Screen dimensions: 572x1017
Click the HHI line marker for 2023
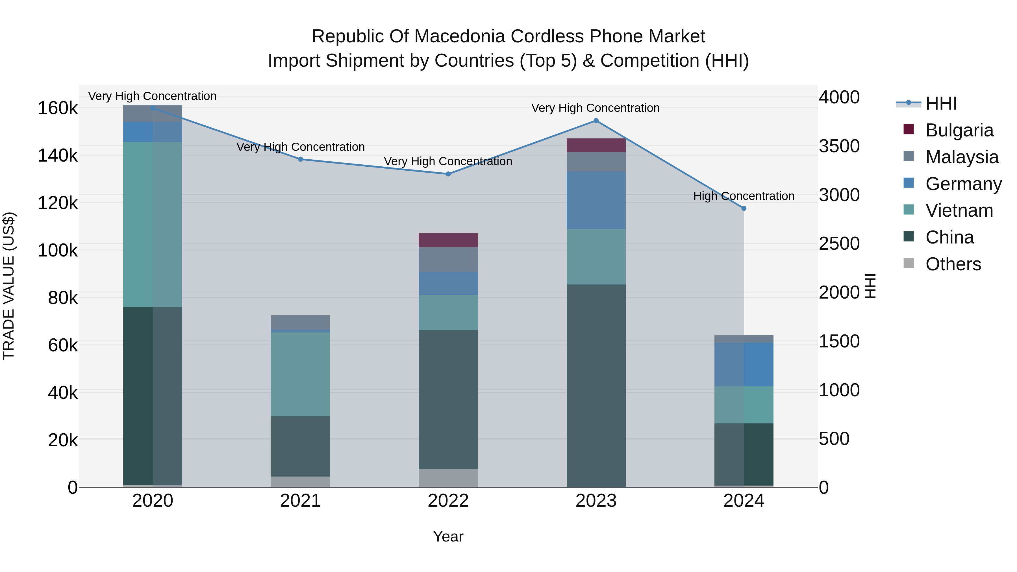point(596,121)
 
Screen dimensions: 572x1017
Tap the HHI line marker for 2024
point(744,208)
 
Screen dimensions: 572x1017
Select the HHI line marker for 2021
point(301,160)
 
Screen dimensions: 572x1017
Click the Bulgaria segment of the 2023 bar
point(596,145)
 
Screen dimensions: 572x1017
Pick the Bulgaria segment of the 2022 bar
point(448,240)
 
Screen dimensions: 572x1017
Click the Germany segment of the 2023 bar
point(596,200)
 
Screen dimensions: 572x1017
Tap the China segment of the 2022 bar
point(448,399)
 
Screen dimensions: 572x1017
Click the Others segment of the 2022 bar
point(448,478)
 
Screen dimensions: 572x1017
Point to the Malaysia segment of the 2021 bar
point(301,322)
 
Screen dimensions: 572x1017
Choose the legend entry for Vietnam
point(959,210)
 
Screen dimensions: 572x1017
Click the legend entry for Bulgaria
point(959,130)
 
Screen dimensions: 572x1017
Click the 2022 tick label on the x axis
point(448,501)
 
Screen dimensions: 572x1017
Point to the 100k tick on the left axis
point(58,250)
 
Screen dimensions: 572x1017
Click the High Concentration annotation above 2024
point(744,196)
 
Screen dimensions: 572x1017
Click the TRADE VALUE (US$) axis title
point(9,286)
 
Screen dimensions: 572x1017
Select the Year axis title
point(448,536)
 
